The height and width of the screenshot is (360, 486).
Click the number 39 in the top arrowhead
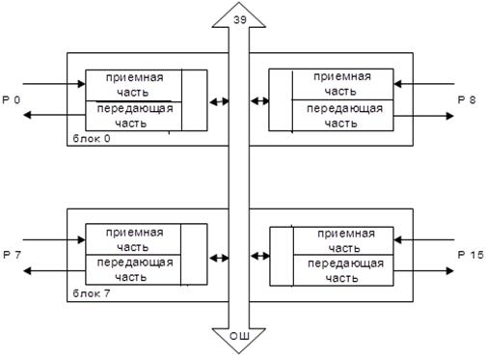pos(240,20)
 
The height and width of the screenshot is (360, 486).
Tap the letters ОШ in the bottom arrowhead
pos(239,337)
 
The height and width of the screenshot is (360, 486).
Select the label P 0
pos(12,100)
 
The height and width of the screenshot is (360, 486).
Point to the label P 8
pos(467,99)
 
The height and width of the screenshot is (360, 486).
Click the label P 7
pos(12,255)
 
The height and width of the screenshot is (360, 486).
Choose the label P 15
pos(471,255)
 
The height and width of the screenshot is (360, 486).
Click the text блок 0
pos(92,139)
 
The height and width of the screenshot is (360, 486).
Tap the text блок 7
pos(92,293)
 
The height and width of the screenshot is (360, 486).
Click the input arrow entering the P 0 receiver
pos(54,84)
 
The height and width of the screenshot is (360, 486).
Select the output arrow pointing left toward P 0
pos(54,115)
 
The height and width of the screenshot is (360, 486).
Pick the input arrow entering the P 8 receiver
pos(424,84)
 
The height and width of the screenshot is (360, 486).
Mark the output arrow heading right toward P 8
pos(423,116)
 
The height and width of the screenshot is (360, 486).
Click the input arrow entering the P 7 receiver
pos(54,239)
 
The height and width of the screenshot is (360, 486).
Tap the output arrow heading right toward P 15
pos(423,271)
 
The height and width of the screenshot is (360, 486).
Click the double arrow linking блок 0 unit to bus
pos(219,102)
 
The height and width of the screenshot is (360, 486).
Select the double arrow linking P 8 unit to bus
pos(259,101)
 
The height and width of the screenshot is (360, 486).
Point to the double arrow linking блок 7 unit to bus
pos(219,258)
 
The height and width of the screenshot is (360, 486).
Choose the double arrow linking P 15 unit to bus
pos(259,256)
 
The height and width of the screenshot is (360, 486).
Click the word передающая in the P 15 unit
pos(346,264)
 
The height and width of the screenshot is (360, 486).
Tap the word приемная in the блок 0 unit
pos(135,78)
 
